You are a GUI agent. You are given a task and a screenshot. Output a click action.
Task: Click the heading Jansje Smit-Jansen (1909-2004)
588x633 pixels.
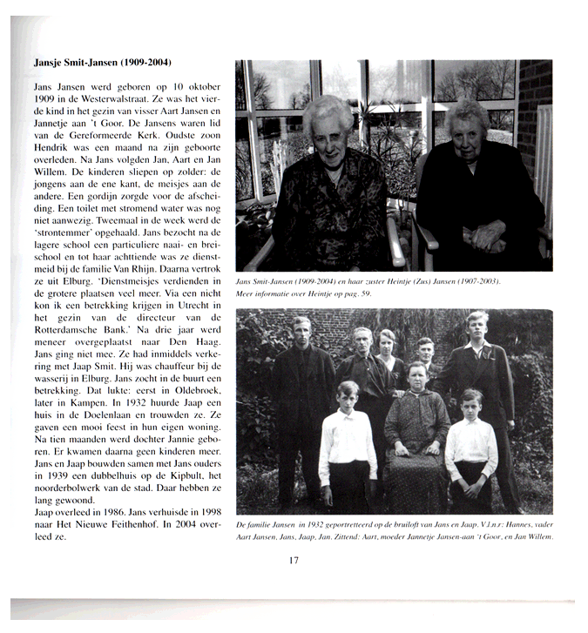102,63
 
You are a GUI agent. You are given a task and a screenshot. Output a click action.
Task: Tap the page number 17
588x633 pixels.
294,560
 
